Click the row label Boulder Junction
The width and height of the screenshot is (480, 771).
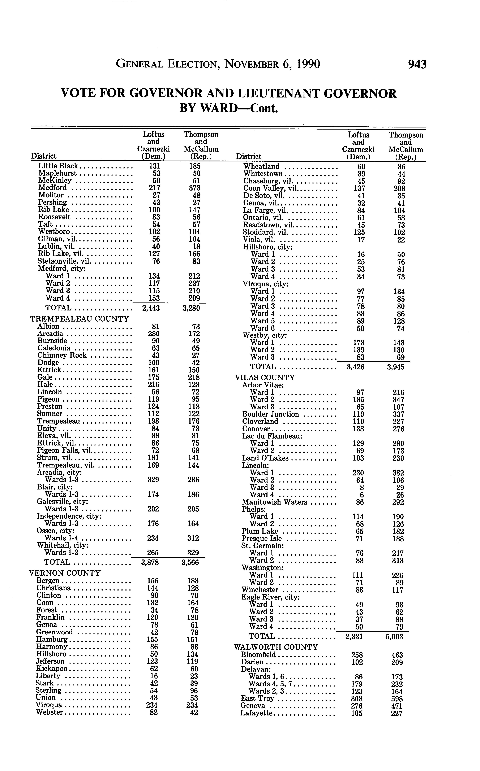(x=270, y=414)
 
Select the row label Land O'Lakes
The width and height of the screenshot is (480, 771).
(x=265, y=458)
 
